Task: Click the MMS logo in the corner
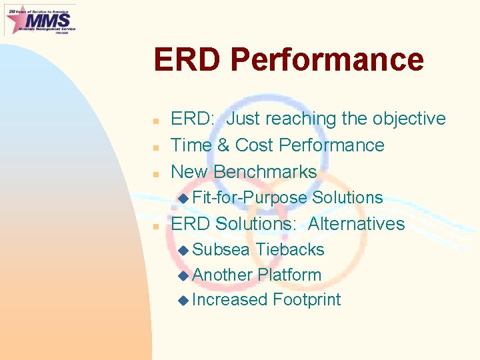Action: tap(40, 19)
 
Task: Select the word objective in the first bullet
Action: tap(403, 119)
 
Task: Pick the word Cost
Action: tap(255, 145)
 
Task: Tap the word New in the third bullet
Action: tap(189, 171)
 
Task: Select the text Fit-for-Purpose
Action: tap(249, 197)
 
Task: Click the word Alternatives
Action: tap(356, 223)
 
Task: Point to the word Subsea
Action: tap(221, 249)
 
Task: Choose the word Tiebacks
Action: tap(290, 249)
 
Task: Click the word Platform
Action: tap(289, 275)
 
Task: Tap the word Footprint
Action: tap(306, 300)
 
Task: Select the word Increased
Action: tap(229, 300)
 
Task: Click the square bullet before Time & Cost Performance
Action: tap(155, 147)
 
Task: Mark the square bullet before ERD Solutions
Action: tap(155, 225)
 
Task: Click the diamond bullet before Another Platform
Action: tap(184, 275)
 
